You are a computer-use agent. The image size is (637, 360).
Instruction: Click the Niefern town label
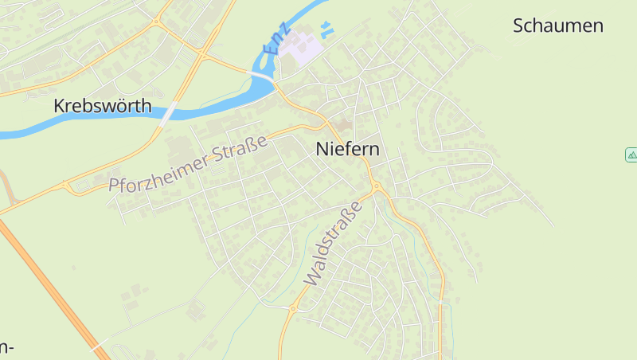(347, 149)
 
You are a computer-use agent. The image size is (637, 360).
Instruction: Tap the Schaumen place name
(557, 25)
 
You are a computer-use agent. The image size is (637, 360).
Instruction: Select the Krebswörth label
(102, 106)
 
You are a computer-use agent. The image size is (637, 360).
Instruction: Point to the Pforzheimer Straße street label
(188, 165)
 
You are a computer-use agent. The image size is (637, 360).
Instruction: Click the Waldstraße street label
(333, 244)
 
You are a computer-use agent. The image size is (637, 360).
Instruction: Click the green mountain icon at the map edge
(631, 155)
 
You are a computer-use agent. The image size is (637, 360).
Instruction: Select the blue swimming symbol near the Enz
(325, 30)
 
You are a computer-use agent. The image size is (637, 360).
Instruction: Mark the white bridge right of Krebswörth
(167, 114)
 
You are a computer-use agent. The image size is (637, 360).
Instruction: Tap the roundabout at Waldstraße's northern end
(377, 188)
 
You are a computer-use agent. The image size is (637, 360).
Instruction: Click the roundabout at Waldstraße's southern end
(292, 307)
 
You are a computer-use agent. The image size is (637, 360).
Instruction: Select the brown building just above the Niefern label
(342, 125)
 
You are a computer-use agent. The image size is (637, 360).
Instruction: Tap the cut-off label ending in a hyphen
(6, 347)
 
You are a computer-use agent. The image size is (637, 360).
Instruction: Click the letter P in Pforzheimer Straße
(115, 186)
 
